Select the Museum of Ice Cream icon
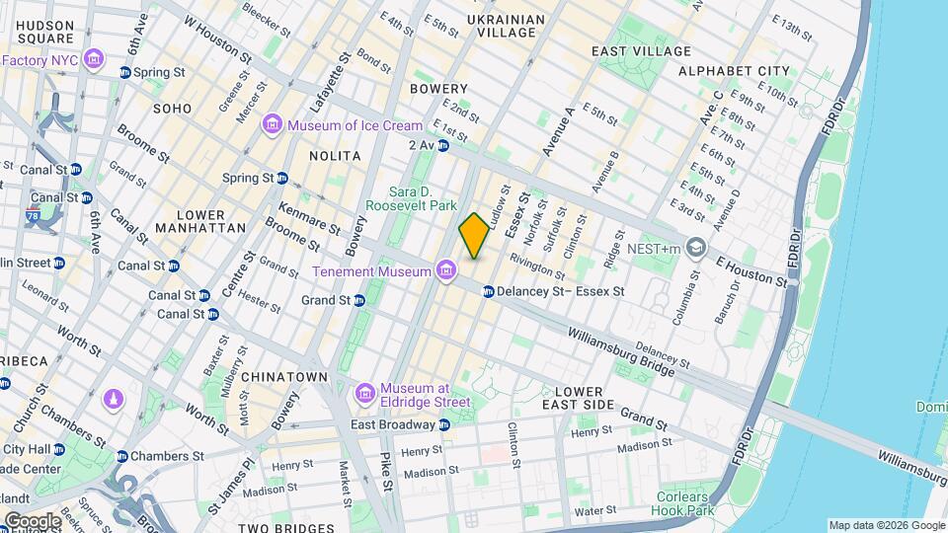coord(273,125)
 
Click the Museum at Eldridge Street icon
coord(365,394)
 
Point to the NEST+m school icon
coord(697,246)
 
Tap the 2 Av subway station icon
coord(443,146)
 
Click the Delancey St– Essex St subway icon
coord(489,291)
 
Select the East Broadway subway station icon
coord(444,424)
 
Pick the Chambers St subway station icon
coord(122,456)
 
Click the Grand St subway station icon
coord(359,300)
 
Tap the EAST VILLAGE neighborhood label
coord(640,51)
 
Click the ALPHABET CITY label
coord(734,71)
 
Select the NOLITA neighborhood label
coord(335,156)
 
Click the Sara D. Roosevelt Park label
coord(411,197)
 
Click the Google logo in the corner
coord(32,520)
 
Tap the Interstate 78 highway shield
coord(35,218)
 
